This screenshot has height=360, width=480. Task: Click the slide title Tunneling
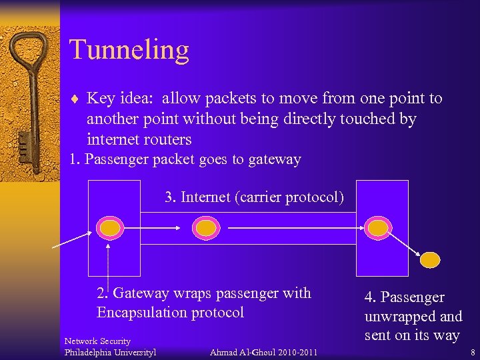[129, 50]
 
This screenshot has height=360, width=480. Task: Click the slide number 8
[473, 352]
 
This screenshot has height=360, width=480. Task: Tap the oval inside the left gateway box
[109, 229]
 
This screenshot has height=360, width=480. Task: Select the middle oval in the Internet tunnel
[205, 229]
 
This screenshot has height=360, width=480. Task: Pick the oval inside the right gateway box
[379, 228]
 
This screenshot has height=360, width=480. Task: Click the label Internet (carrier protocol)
[254, 197]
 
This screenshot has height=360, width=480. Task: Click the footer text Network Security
[97, 341]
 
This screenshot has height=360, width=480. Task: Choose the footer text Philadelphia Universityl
[110, 352]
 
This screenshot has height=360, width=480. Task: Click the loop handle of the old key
[29, 53]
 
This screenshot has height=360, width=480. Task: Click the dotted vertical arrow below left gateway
[109, 267]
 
